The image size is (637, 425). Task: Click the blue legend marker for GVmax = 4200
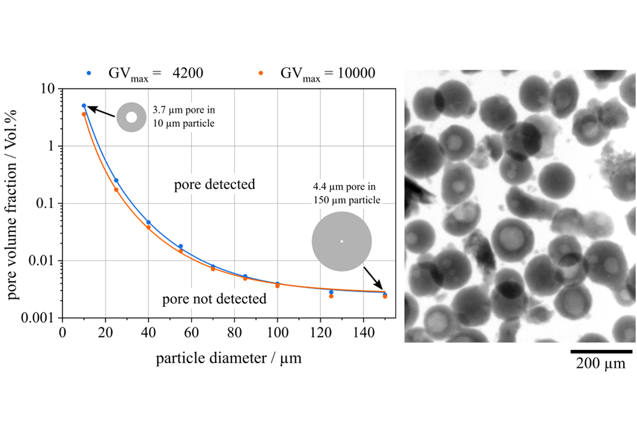point(89,74)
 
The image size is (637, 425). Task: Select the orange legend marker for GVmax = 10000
point(261,74)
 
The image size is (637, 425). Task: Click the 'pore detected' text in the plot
point(215,185)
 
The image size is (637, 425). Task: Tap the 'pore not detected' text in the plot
point(215,299)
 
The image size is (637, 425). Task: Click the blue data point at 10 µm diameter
point(84,106)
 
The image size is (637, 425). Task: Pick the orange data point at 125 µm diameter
point(331,296)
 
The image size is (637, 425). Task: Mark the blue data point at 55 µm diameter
point(180,246)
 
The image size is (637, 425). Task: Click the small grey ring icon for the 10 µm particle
point(131,117)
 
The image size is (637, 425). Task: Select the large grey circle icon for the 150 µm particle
point(341,242)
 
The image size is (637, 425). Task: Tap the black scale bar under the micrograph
point(601,350)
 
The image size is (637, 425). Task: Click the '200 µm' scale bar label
point(601,364)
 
